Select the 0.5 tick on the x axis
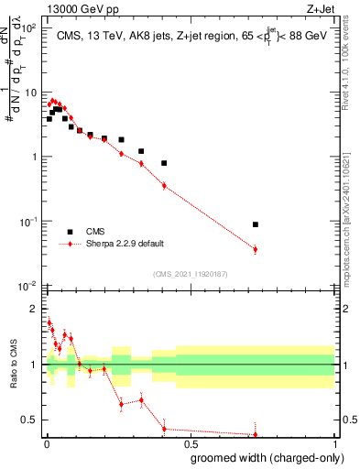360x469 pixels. coord(191,444)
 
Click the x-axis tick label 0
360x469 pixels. coord(47,444)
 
